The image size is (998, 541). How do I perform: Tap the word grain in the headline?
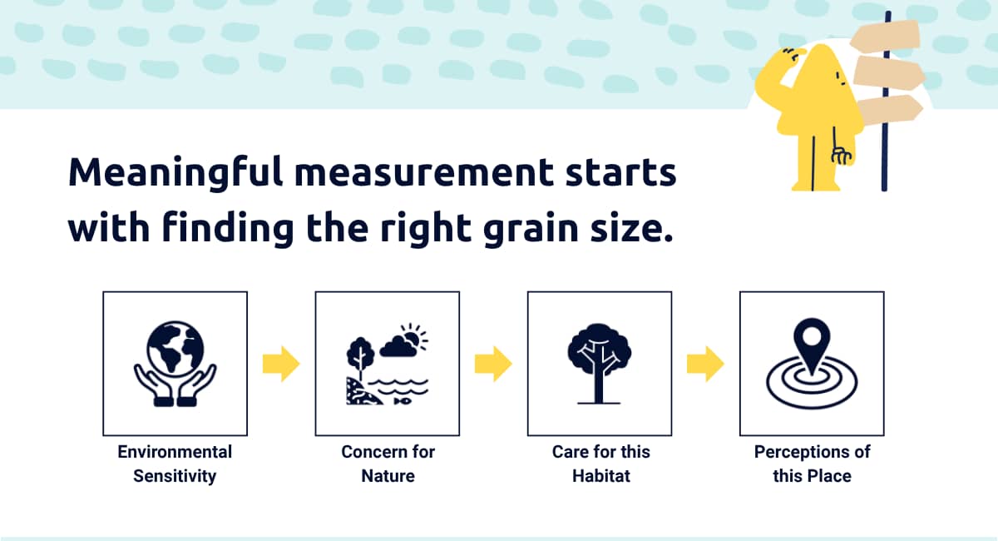pos(531,229)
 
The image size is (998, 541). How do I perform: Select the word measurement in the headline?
pos(423,173)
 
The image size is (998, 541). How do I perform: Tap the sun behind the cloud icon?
pos(414,335)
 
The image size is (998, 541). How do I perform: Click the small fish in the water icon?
pos(403,401)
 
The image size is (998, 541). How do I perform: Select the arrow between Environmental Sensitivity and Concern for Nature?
pos(281,364)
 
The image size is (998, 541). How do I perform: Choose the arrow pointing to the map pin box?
pos(705,364)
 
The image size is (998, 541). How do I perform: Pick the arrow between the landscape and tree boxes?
pos(493,364)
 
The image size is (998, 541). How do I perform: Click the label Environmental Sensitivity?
pos(175,464)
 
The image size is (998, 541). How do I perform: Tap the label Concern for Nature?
pos(388,464)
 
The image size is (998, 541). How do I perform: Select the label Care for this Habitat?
pos(600,464)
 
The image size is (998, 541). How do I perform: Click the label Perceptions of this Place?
pos(812,464)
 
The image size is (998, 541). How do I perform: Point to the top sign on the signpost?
pos(887,35)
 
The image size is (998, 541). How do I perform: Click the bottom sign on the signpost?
pos(889,109)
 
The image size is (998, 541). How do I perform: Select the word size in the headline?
pos(631,227)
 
